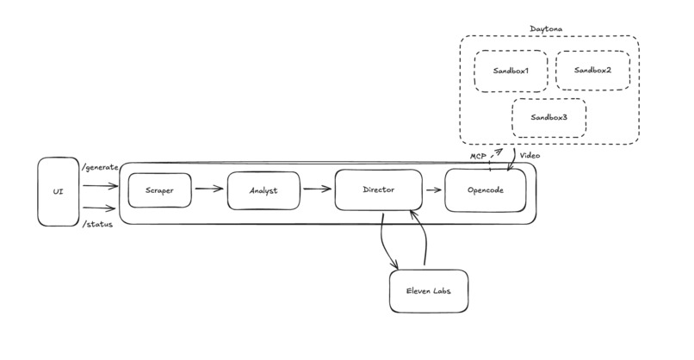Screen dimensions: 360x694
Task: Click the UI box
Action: pos(59,191)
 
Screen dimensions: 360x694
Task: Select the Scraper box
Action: pos(159,190)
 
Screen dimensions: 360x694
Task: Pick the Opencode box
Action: pos(486,190)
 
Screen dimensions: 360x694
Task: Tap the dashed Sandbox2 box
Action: pos(592,70)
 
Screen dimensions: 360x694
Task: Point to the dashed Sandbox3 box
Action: pos(548,118)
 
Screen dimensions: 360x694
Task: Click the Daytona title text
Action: pos(548,29)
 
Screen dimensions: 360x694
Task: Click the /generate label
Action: pos(99,166)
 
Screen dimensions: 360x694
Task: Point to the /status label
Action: pos(96,225)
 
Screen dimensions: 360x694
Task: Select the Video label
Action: pos(531,155)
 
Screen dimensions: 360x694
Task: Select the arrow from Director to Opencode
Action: pos(433,187)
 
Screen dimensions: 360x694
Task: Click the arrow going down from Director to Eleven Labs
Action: pos(387,241)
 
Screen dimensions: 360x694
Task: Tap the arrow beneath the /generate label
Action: pos(99,183)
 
